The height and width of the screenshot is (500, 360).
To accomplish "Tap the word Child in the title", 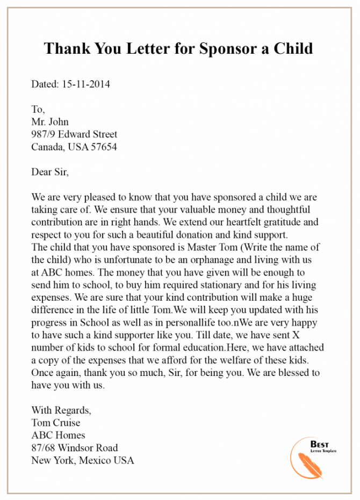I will point(292,48).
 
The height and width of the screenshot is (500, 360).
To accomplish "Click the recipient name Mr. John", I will point(50,121).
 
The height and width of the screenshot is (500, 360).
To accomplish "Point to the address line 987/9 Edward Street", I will point(74,134).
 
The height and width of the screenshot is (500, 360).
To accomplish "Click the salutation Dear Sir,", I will point(51,172).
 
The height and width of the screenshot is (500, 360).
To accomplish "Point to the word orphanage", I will point(207,258).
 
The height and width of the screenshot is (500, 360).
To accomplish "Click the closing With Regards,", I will point(61,410).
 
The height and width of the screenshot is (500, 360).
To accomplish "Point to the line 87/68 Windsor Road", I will point(75,447).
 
